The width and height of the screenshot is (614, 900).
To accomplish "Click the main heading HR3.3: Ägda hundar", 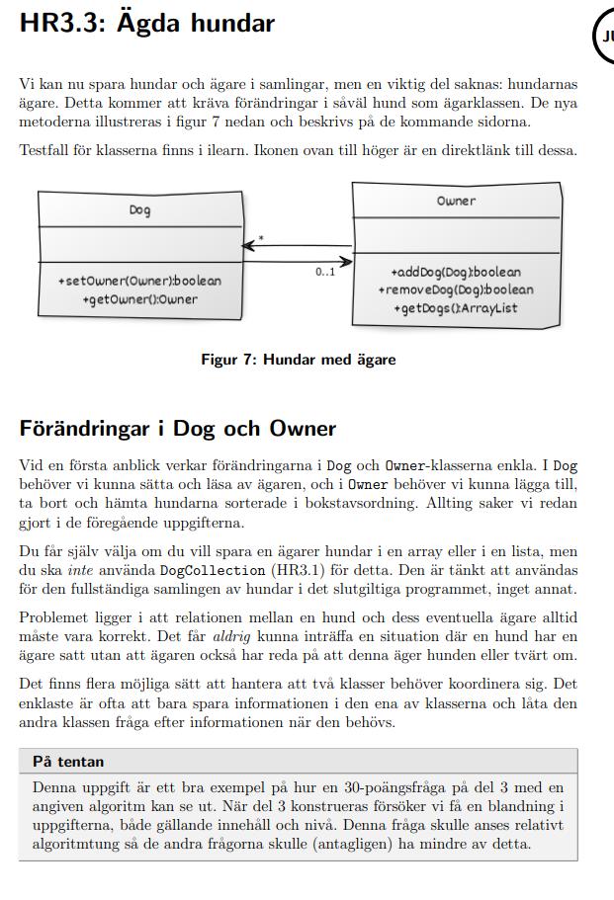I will click(146, 23).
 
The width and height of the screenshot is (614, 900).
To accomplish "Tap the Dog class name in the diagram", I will click(139, 210).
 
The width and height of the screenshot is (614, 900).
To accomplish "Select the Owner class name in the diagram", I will click(456, 201).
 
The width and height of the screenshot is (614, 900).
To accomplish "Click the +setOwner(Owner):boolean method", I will click(139, 281).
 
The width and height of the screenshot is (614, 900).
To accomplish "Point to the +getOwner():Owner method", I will click(139, 299).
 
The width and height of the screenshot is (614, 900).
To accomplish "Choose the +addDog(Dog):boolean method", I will click(455, 272).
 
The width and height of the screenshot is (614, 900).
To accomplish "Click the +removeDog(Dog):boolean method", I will click(455, 289).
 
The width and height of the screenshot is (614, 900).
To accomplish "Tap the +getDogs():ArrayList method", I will click(455, 308).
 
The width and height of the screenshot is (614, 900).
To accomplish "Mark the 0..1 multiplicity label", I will click(325, 273).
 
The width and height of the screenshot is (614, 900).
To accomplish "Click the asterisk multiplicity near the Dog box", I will click(261, 239).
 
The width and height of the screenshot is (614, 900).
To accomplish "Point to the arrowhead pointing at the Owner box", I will click(346, 262).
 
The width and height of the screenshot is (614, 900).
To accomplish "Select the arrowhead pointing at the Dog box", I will click(247, 245).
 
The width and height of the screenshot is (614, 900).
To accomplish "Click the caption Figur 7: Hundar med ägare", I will click(298, 360).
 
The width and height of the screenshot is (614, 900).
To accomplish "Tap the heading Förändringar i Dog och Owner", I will click(178, 429).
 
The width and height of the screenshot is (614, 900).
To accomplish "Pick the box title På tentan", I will click(68, 762).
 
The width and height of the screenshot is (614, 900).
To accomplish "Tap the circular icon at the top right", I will click(605, 37).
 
